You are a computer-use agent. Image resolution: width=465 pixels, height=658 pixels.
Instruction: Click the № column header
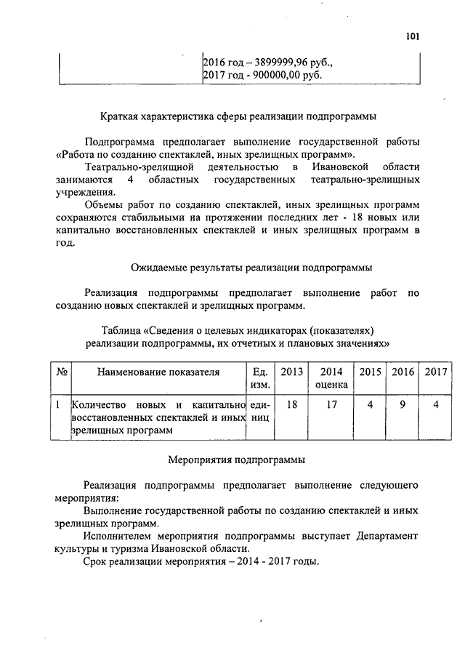coord(62,372)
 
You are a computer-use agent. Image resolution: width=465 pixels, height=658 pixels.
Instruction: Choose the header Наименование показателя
coord(157,372)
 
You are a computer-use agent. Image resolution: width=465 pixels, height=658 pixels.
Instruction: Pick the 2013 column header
coord(292,372)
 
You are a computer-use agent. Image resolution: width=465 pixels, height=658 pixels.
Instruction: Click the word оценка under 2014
coord(331,385)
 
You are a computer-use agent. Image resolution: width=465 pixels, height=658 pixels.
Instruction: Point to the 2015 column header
coord(371,372)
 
